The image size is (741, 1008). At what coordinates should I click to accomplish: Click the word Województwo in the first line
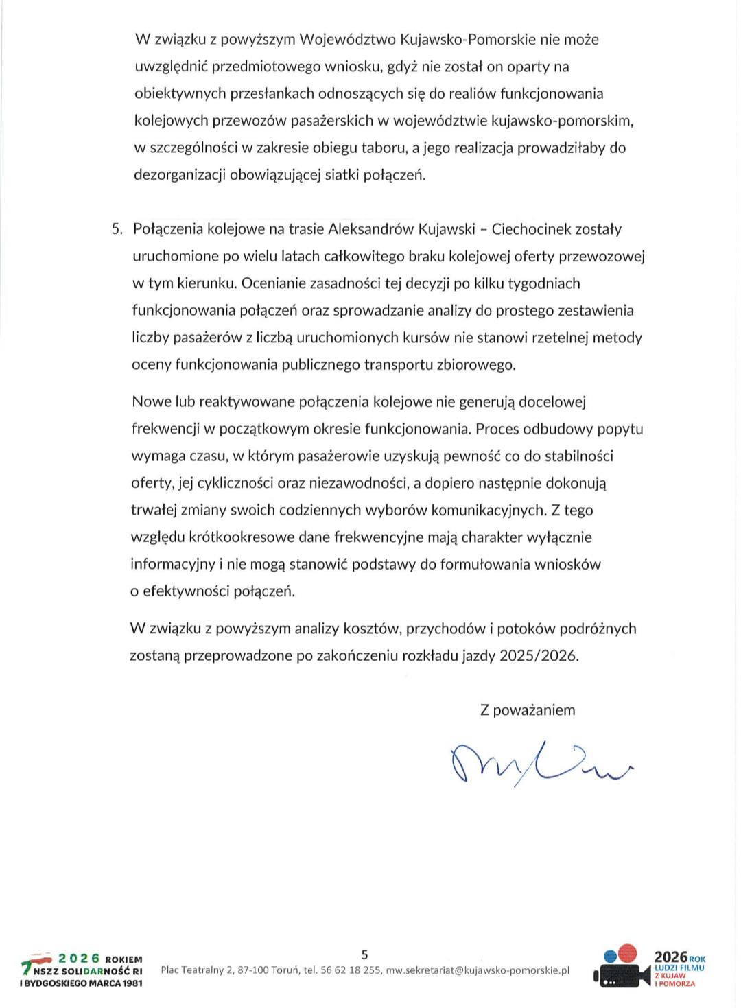[x=347, y=40]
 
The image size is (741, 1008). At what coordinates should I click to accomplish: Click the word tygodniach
[x=545, y=283]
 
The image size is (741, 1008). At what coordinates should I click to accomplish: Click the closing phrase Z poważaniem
[x=528, y=710]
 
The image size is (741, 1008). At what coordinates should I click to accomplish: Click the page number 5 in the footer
[x=364, y=954]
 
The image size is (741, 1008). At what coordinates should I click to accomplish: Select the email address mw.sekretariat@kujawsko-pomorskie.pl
[x=478, y=970]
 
